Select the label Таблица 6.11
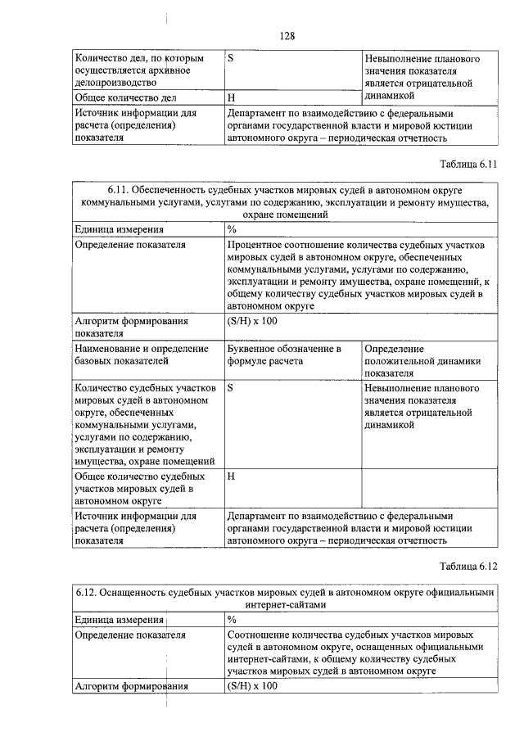click(x=468, y=163)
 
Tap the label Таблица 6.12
click(x=468, y=566)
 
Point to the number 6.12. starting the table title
click(x=90, y=592)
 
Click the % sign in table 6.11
click(x=232, y=229)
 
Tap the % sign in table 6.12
click(x=232, y=619)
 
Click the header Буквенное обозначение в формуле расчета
click(x=283, y=355)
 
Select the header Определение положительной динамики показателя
click(x=422, y=360)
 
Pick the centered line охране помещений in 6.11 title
click(x=287, y=215)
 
